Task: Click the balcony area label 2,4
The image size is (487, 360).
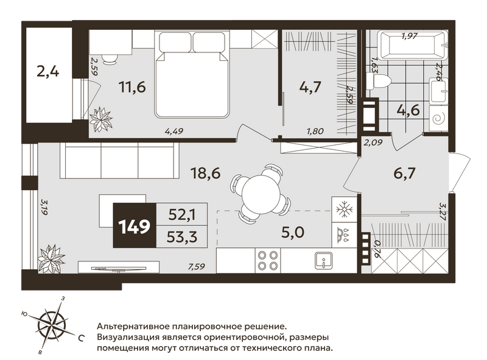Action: tap(48, 72)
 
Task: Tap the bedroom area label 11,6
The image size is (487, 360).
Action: tap(132, 87)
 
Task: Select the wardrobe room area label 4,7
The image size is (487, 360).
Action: tap(310, 87)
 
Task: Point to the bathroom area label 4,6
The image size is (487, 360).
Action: tap(408, 110)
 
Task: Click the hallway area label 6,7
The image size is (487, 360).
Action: tap(404, 173)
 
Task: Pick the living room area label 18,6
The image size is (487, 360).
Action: tap(206, 173)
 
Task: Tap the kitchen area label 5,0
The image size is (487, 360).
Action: tap(293, 232)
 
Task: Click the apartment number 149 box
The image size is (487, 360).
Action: tap(135, 225)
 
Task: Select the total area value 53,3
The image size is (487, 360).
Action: tap(182, 237)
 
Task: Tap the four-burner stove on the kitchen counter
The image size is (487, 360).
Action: tap(268, 261)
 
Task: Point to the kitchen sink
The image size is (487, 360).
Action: tap(323, 261)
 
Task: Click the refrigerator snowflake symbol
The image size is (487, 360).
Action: tap(344, 209)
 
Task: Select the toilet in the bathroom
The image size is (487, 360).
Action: tap(378, 81)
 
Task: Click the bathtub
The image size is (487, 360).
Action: tap(413, 45)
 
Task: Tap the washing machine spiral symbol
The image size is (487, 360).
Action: tap(439, 118)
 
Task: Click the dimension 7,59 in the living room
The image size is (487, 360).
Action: tap(196, 266)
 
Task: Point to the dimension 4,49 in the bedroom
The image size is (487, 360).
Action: tap(174, 131)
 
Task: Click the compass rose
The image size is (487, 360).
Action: tap(52, 325)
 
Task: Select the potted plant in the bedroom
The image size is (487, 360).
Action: tap(101, 119)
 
